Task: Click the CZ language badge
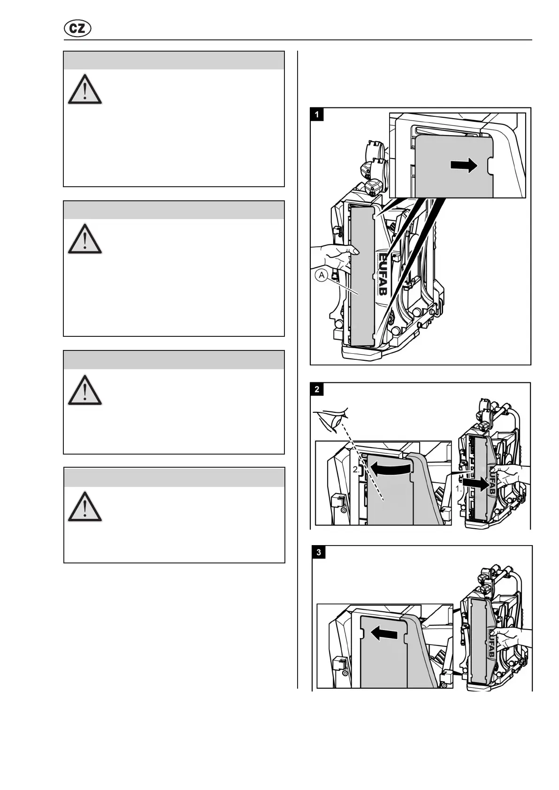[77, 29]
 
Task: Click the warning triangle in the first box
[84, 89]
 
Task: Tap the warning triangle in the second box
[84, 239]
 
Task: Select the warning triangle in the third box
[84, 390]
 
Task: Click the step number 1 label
[317, 114]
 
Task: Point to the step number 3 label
[319, 552]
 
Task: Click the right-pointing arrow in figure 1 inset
[464, 165]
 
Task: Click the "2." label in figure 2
[357, 469]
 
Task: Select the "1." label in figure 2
[459, 488]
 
